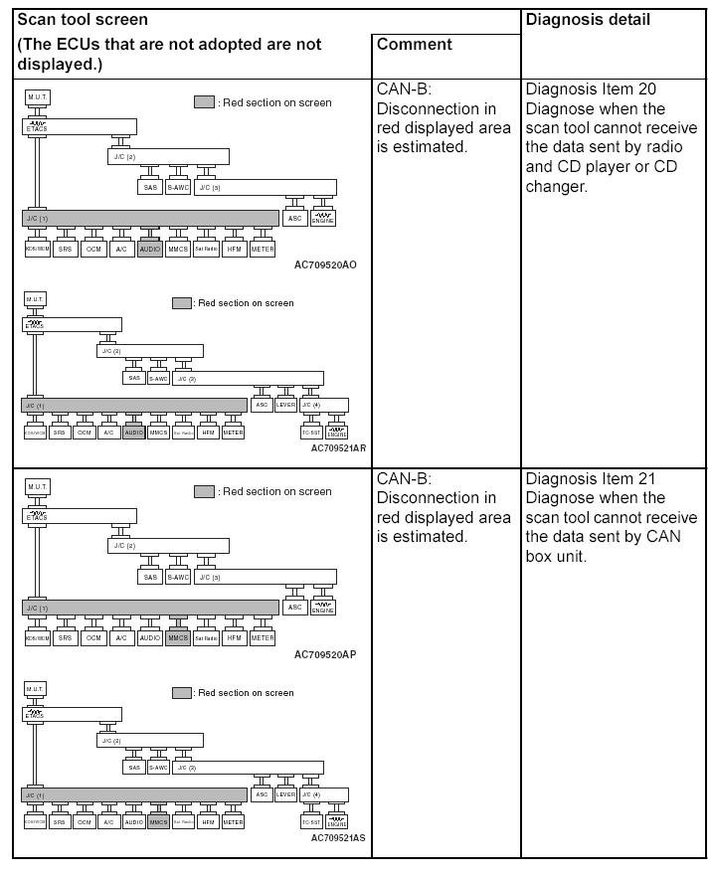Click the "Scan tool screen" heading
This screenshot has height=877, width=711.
(83, 20)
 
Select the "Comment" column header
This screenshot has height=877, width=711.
(414, 45)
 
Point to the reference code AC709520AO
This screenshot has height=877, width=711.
(324, 266)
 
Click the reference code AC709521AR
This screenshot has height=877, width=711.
(338, 448)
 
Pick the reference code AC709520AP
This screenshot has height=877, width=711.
(324, 655)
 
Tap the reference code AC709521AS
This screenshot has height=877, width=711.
(338, 837)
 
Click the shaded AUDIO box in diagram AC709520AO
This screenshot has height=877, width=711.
(149, 249)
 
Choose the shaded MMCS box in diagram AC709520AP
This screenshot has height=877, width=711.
(178, 637)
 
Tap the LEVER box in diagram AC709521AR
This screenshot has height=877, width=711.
(285, 405)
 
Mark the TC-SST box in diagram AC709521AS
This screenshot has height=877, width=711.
(311, 821)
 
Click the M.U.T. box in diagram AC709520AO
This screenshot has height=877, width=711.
(37, 96)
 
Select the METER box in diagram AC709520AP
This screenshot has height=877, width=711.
(262, 637)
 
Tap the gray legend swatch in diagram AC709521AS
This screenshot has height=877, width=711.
(181, 692)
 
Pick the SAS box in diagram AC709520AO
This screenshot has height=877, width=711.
(150, 187)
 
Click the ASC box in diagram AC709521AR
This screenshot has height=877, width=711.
(262, 405)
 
